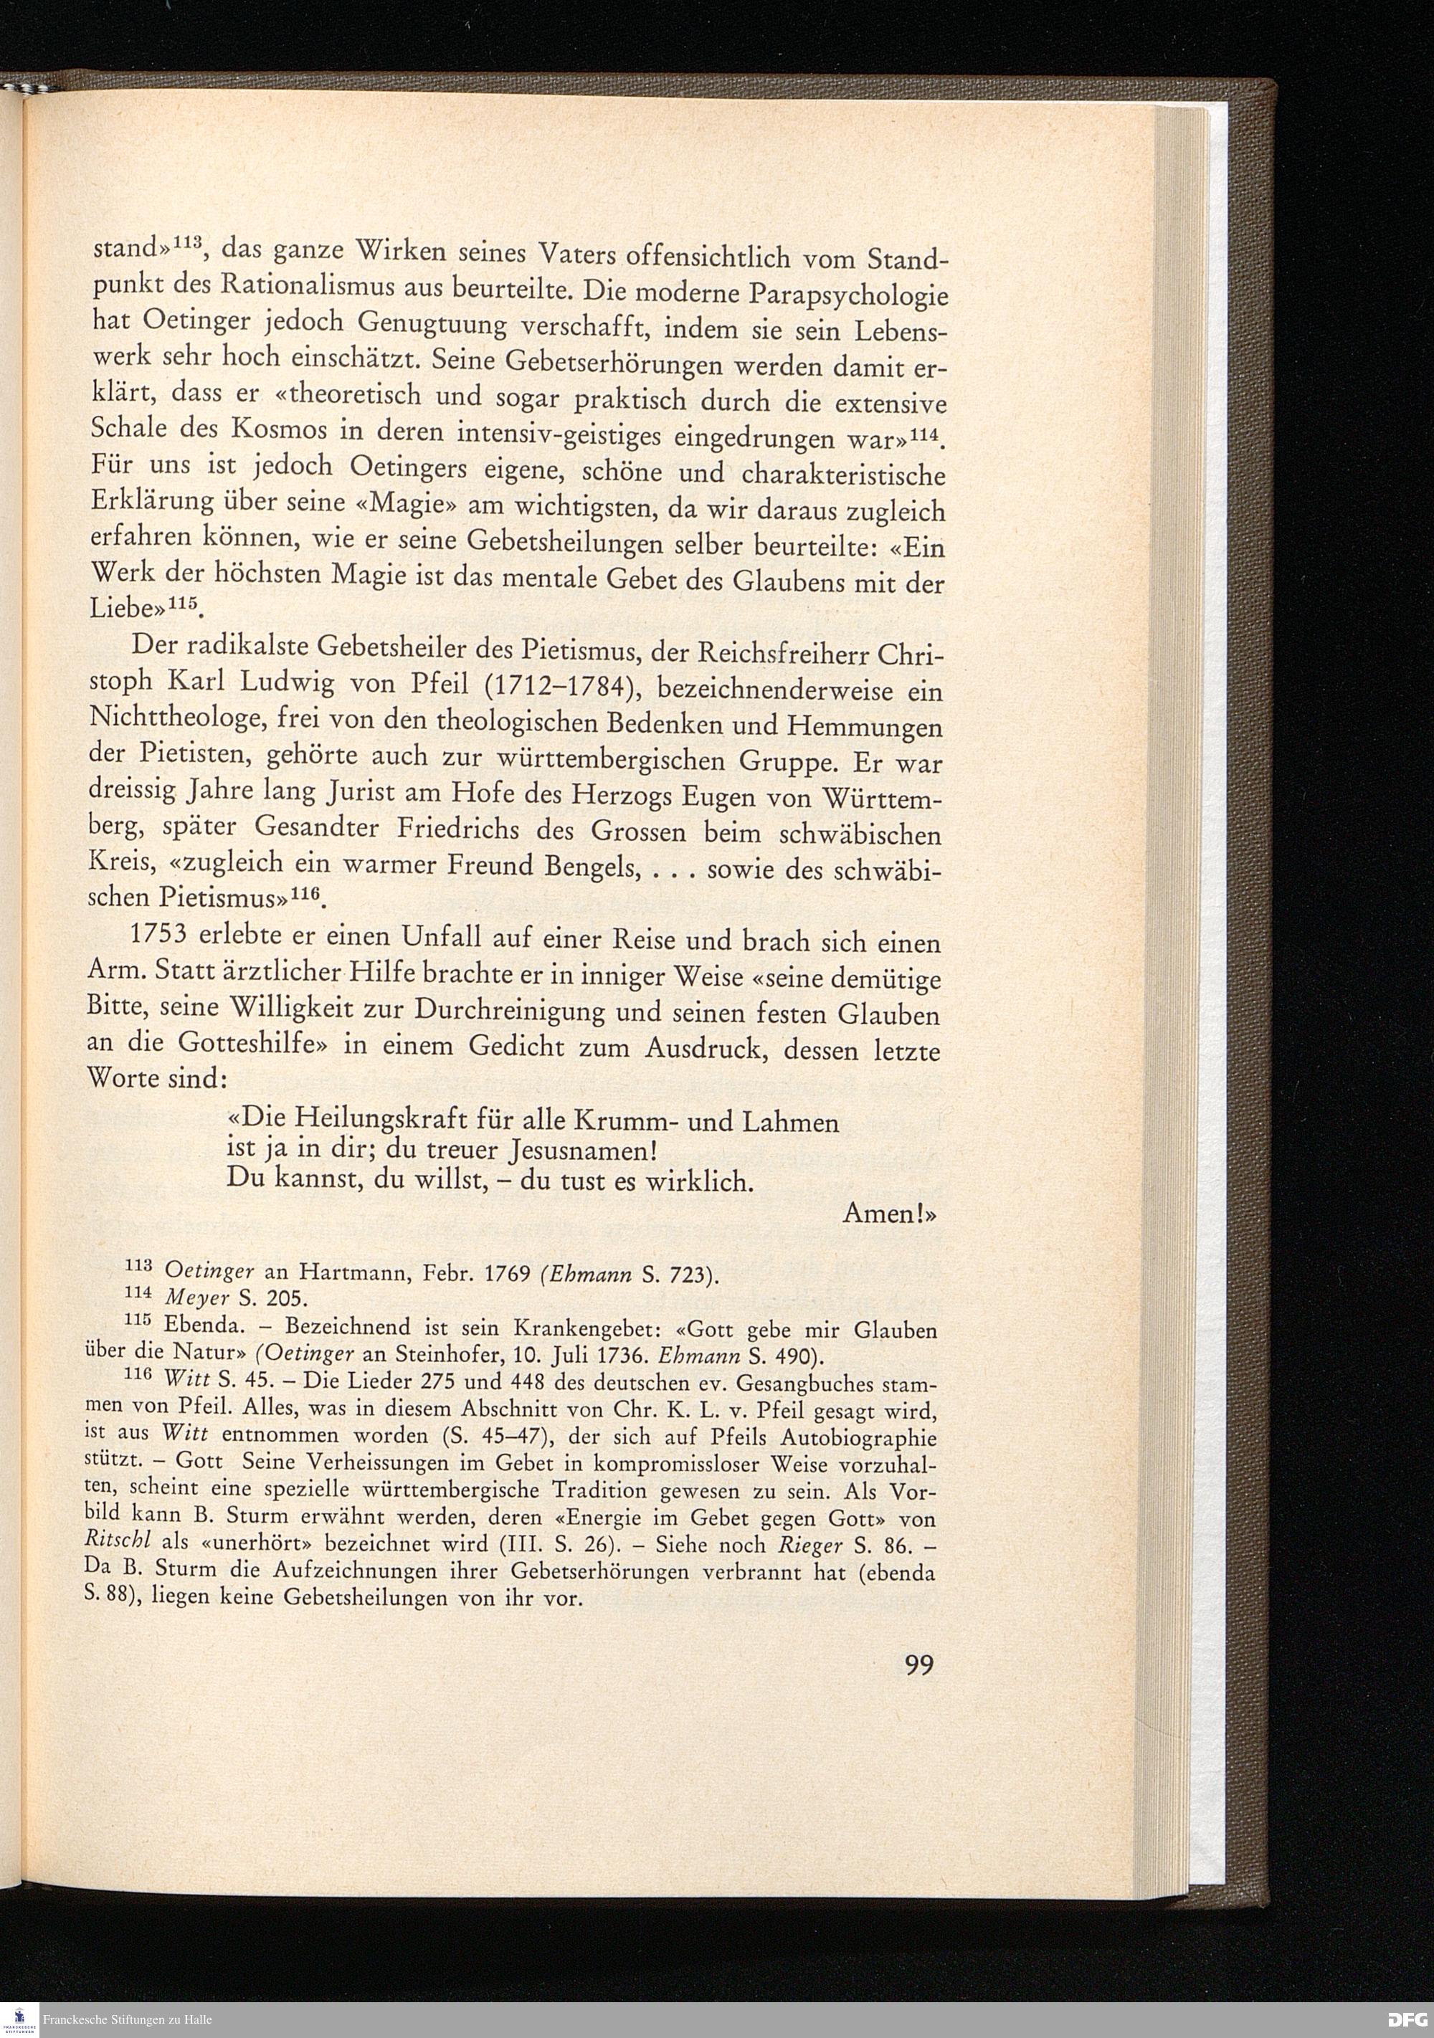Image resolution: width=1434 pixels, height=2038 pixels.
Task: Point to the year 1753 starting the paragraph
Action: pyautogui.click(x=161, y=935)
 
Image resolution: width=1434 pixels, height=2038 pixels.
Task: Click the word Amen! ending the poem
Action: pyautogui.click(x=889, y=1212)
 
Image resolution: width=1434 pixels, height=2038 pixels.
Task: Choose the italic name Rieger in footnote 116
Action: pyautogui.click(x=809, y=1546)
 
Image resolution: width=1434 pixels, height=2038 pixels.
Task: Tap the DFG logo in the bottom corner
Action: pyautogui.click(x=1407, y=2019)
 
